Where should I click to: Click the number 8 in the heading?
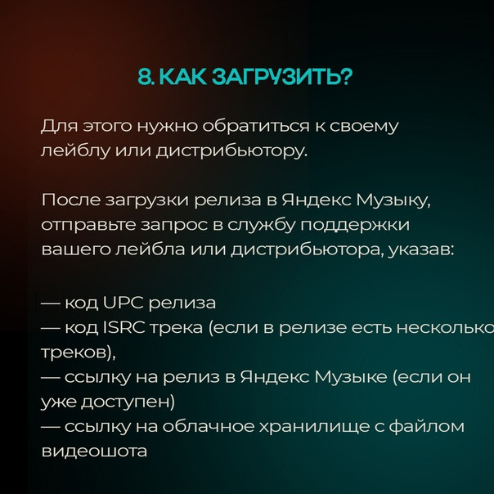(x=144, y=77)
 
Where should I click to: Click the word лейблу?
(x=76, y=151)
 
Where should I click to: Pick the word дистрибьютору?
(x=231, y=151)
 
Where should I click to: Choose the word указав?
(x=420, y=250)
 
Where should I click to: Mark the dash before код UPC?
(x=51, y=303)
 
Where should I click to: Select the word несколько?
(x=445, y=328)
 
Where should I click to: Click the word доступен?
(x=128, y=402)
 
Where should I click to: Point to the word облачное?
(x=209, y=427)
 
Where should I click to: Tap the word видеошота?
(x=94, y=451)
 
